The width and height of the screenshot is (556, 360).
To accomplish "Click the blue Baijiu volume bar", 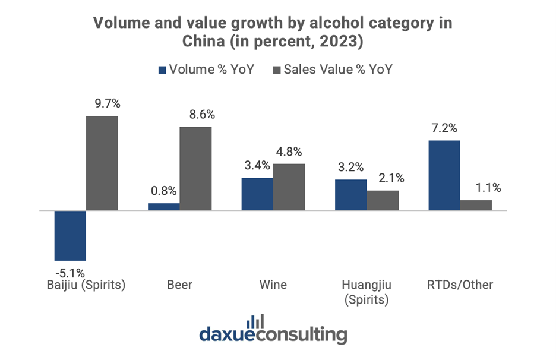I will click(x=70, y=235).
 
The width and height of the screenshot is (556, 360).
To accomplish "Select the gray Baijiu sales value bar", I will click(x=102, y=163).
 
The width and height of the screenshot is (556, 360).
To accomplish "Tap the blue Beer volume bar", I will click(x=164, y=207).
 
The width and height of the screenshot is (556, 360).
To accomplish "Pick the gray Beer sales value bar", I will click(x=195, y=168).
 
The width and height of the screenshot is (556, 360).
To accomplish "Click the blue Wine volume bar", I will click(x=257, y=194).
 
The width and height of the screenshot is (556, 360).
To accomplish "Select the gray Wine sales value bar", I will click(x=289, y=187).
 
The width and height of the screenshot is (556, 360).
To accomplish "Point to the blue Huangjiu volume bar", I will click(x=350, y=195).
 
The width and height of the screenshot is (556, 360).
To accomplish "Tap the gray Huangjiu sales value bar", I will click(x=383, y=200).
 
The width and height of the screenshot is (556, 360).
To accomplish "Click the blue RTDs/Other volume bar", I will click(x=444, y=175).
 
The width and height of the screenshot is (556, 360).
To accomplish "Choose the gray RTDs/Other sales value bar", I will click(x=476, y=205).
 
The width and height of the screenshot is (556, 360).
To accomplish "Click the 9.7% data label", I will click(x=107, y=103).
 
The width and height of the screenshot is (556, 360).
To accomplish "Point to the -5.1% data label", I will click(x=70, y=273).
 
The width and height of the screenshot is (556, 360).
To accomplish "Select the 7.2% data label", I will click(x=444, y=128).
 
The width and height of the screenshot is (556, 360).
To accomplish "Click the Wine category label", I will click(x=273, y=285).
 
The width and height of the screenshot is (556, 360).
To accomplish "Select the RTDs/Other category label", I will click(x=460, y=285).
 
